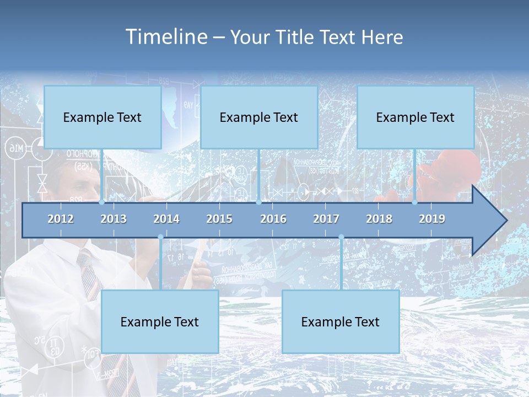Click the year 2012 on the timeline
61,219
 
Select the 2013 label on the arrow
114,219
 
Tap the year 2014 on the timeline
166,219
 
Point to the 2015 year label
219,219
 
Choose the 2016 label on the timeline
273,219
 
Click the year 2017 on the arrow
326,219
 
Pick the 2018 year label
379,219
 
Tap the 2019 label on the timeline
432,219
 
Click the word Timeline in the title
165,37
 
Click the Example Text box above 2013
102,117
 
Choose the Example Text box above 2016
259,117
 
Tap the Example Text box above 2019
415,117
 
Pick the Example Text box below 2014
160,321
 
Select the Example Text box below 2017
341,321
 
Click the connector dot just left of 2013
101,202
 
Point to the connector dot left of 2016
258,202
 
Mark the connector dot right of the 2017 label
341,237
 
